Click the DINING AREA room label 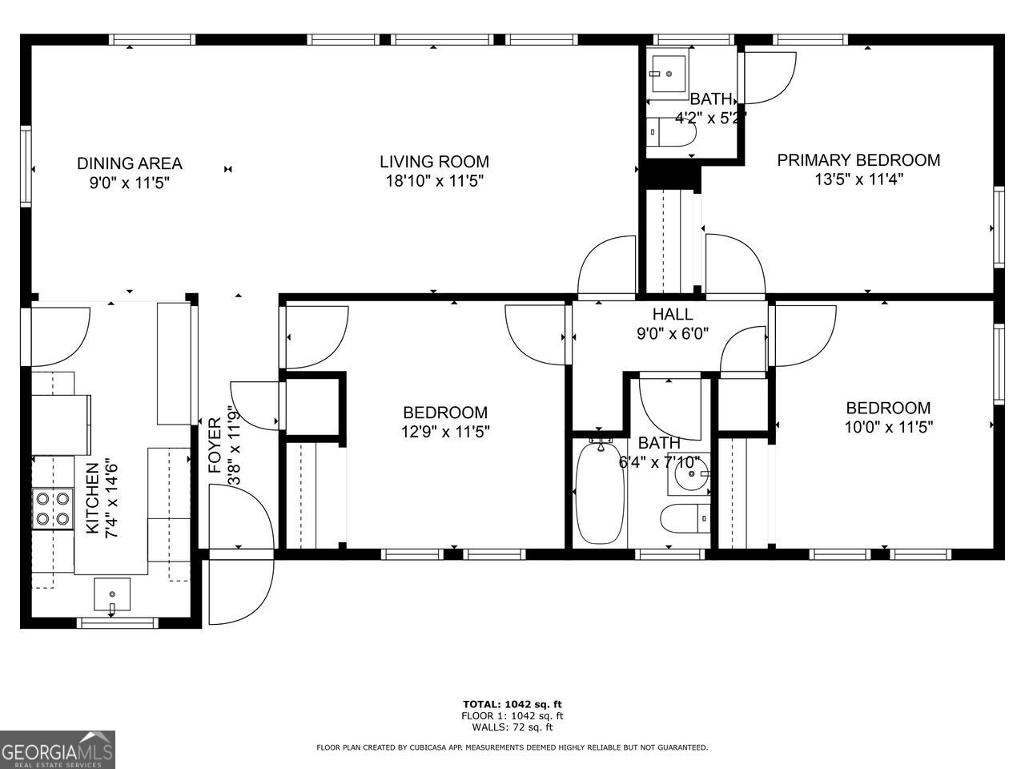[129, 163]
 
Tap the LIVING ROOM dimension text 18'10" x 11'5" [434, 182]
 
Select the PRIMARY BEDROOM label [858, 160]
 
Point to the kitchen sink [111, 594]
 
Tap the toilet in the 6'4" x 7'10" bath [688, 519]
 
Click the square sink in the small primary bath [666, 74]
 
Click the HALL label [673, 314]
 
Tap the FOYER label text [215, 445]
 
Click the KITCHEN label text [92, 497]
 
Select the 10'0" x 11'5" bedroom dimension [888, 427]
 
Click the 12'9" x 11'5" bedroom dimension [445, 432]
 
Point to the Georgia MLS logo [58, 750]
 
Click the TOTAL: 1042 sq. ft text [512, 704]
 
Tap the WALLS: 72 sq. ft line [512, 727]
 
